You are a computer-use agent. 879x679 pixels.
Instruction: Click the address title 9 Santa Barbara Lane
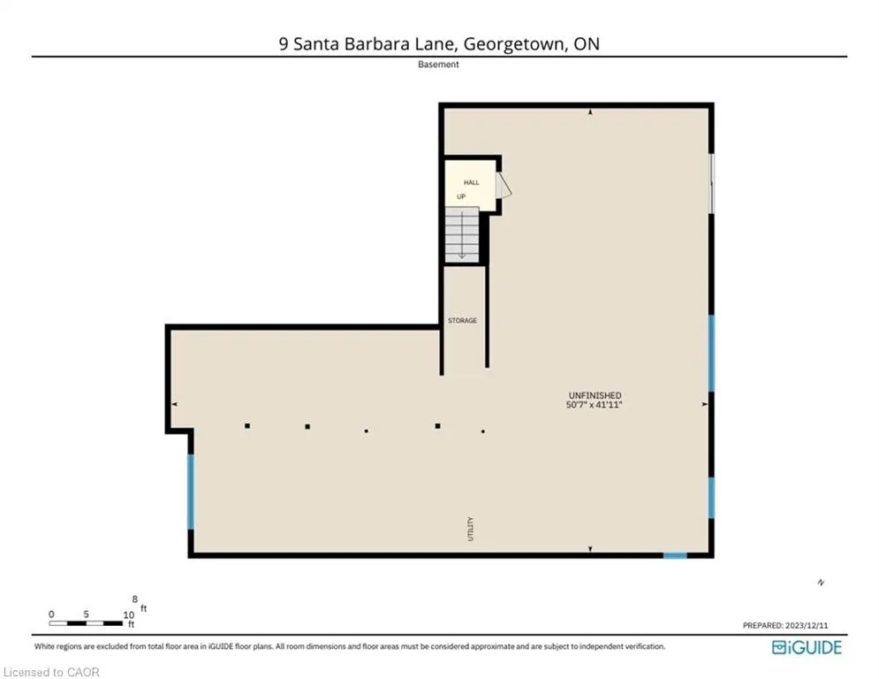point(439,42)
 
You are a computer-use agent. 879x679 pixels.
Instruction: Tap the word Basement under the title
point(439,65)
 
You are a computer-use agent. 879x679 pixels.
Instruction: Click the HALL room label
point(472,182)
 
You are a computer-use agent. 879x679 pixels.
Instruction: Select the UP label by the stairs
point(461,196)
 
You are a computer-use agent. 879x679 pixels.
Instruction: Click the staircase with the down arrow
point(462,234)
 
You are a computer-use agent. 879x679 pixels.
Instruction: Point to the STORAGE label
point(462,320)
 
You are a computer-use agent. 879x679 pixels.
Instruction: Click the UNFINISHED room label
point(595,395)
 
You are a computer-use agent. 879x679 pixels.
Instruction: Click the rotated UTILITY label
point(471,529)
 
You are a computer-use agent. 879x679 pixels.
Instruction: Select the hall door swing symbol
point(504,186)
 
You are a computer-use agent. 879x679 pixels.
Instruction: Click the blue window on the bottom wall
point(675,555)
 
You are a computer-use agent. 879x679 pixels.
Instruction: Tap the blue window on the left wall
point(190,492)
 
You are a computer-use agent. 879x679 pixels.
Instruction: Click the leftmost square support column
point(247,426)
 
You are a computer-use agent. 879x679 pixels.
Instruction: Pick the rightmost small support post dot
point(483,431)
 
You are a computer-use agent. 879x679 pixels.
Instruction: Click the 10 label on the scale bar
point(129,614)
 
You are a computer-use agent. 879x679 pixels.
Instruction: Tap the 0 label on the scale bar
point(52,614)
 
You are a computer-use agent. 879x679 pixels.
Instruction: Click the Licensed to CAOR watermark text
point(51,672)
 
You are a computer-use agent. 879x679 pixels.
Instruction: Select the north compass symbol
point(821,582)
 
